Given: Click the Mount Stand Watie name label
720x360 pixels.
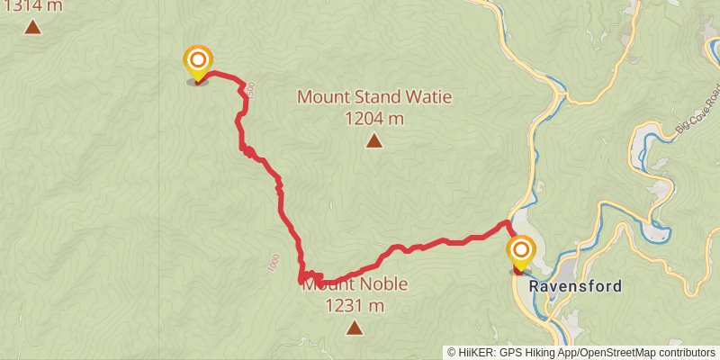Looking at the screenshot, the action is coord(373,96).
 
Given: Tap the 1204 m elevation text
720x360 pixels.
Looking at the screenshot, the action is coord(373,118).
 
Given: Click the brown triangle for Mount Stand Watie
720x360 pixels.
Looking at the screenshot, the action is coord(373,140).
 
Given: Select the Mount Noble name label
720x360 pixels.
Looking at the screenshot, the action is coord(355,284).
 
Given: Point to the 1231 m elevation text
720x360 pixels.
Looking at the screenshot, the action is coord(355,306).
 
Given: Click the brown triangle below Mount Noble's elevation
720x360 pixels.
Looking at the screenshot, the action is coord(355,328).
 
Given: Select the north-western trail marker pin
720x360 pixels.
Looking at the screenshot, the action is coord(197,62).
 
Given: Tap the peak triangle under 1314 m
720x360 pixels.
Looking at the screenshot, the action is coord(33,26).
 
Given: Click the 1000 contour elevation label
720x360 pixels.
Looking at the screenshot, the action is coord(274,263).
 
